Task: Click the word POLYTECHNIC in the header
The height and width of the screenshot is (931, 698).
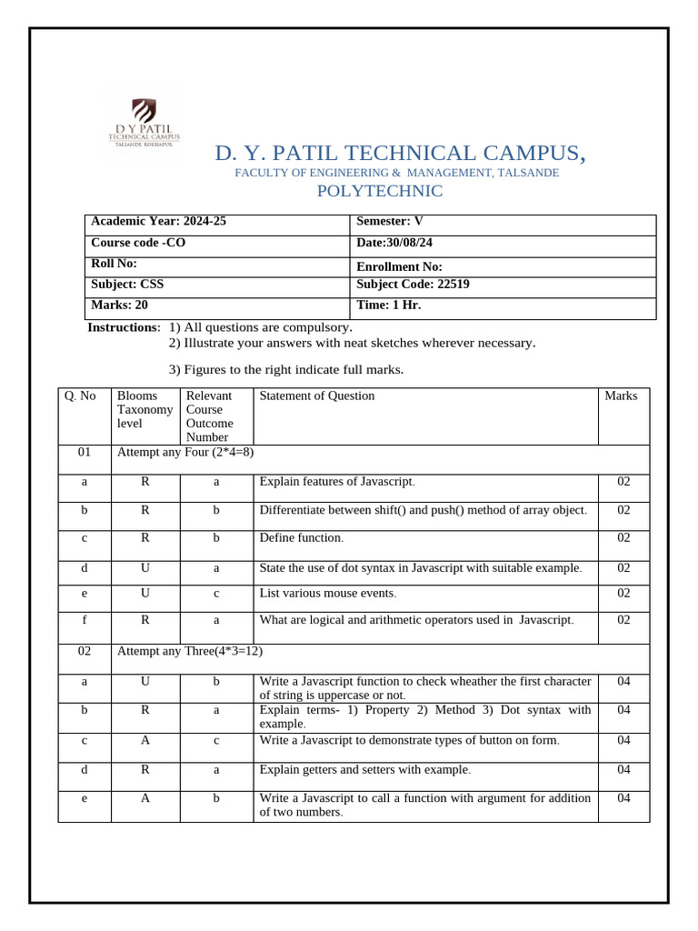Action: click(x=379, y=191)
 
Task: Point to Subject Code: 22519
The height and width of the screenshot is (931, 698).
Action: click(x=413, y=284)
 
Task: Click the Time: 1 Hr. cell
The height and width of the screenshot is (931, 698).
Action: click(x=389, y=305)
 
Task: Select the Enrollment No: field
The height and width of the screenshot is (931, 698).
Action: click(x=399, y=266)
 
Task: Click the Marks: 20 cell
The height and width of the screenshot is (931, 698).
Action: click(x=119, y=305)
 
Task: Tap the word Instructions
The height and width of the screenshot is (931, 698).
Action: click(x=122, y=327)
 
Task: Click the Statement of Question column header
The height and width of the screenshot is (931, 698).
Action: click(x=316, y=395)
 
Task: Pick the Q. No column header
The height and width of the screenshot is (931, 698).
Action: click(x=80, y=395)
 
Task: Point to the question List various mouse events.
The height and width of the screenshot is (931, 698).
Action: click(x=328, y=593)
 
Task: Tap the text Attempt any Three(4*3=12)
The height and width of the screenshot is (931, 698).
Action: click(x=191, y=651)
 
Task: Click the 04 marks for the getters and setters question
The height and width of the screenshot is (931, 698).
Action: click(x=623, y=770)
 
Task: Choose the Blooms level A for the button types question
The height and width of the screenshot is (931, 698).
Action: click(x=145, y=740)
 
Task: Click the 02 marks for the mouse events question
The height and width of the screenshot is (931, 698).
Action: click(x=623, y=593)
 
